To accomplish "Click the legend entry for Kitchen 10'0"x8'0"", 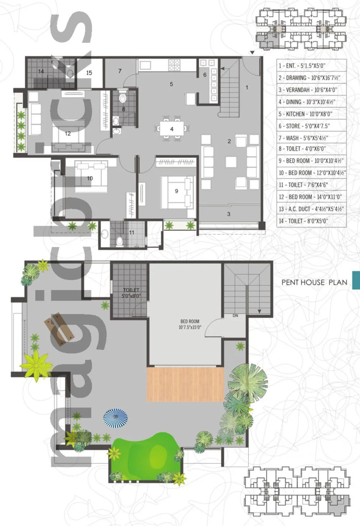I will [x=305, y=114].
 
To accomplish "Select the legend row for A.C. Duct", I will [x=311, y=209].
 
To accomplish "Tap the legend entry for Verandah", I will [x=308, y=90].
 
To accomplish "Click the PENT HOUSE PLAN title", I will [x=314, y=282].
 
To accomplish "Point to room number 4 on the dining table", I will [x=172, y=129].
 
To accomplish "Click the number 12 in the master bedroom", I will [x=67, y=134].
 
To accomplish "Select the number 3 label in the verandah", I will [x=228, y=214].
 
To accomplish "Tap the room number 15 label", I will [x=89, y=73].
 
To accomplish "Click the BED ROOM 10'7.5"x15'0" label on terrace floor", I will [x=190, y=324].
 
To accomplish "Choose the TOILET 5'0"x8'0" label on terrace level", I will [x=131, y=293].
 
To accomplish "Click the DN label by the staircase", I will [x=235, y=316].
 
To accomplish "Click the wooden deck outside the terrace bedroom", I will [x=185, y=384].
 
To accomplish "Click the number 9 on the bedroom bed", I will [x=176, y=191].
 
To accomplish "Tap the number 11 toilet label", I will [x=132, y=233].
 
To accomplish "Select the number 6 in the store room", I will [x=205, y=75].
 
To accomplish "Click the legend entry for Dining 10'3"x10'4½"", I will [x=307, y=102].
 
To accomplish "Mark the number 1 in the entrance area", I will [x=247, y=87].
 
